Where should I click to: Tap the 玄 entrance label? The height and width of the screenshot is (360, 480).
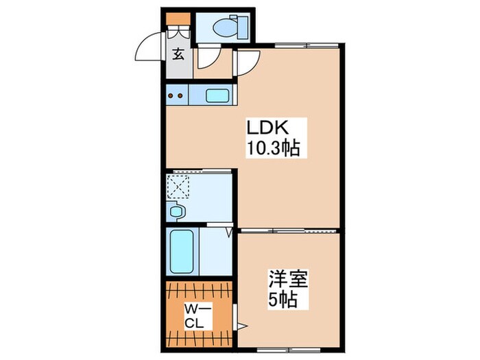click(x=178, y=55)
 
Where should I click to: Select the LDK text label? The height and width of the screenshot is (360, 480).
click(x=269, y=128)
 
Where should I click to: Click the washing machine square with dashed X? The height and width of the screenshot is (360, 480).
click(x=180, y=186)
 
